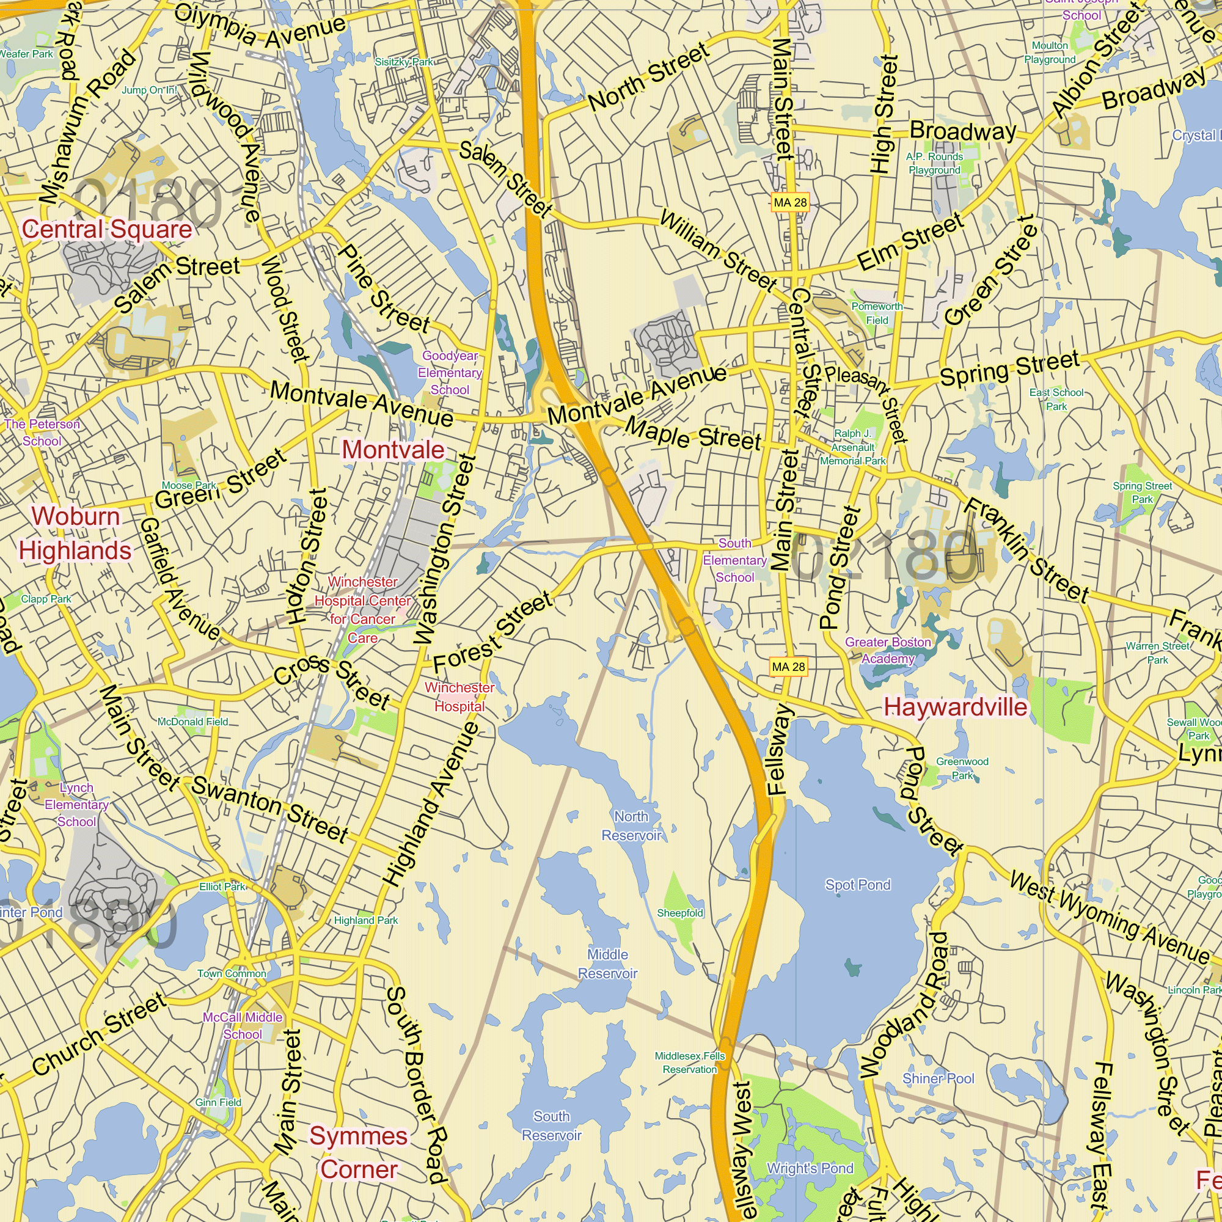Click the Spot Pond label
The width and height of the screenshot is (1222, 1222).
pos(857,885)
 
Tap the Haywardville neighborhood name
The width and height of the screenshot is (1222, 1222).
pos(955,707)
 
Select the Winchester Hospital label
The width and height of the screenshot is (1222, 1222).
pos(459,697)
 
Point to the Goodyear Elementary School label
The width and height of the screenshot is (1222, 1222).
pos(450,373)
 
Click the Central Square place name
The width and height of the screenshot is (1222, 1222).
pos(107,229)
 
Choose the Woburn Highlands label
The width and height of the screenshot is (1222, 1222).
pos(75,533)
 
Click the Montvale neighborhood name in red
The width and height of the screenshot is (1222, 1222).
pos(393,450)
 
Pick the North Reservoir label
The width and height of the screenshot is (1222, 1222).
pos(631,826)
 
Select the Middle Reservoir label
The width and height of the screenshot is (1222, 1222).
pos(607,964)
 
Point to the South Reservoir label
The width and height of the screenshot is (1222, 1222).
pos(552,1126)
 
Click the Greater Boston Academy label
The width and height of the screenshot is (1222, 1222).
pos(888,650)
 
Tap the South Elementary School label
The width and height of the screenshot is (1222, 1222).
pos(734,560)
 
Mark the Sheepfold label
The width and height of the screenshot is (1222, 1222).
pos(680,913)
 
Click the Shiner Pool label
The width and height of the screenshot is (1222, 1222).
pos(938,1078)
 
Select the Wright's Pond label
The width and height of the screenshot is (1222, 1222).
pos(810,1168)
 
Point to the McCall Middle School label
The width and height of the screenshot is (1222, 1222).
pos(243,1025)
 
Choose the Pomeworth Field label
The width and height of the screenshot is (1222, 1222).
pos(877,313)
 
